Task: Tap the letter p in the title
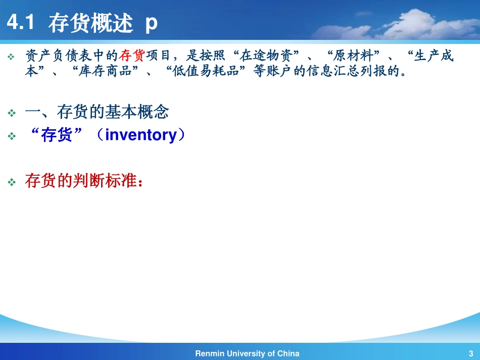click(x=151, y=24)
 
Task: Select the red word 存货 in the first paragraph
click(x=132, y=56)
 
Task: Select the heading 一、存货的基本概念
click(x=97, y=112)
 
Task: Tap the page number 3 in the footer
click(x=470, y=353)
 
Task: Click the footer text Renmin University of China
click(x=247, y=353)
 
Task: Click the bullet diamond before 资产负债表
click(x=12, y=57)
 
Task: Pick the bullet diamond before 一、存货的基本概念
click(x=12, y=113)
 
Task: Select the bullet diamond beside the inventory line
click(x=12, y=136)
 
